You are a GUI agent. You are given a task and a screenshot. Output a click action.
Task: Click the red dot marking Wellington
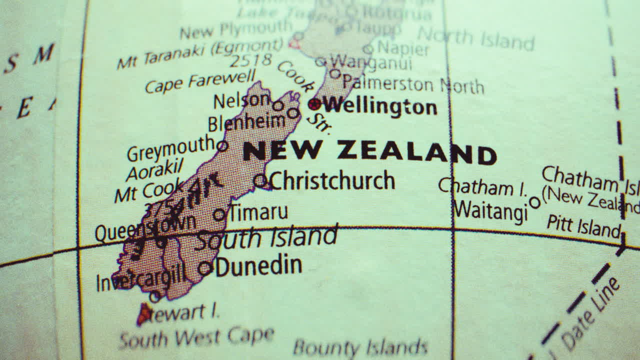(x=314, y=104)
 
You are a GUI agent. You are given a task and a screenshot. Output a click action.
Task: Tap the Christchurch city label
(x=332, y=180)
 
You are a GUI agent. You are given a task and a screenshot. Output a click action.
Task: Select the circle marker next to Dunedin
(x=205, y=268)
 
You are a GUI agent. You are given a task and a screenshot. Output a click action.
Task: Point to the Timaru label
(x=258, y=212)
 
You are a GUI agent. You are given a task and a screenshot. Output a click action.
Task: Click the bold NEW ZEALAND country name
(x=369, y=152)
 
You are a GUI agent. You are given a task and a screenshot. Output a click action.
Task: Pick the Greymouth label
(x=170, y=149)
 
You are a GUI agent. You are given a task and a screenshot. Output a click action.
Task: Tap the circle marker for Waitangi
(x=534, y=202)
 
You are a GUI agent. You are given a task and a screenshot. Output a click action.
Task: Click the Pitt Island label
(x=582, y=226)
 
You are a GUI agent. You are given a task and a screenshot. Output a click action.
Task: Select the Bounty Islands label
(x=360, y=347)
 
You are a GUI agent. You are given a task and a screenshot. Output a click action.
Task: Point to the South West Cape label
(x=196, y=338)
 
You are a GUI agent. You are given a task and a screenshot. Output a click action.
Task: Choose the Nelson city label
(x=242, y=100)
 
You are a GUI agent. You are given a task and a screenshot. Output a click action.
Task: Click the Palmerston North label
(x=413, y=83)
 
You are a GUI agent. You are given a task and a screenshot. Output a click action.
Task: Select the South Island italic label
(x=266, y=238)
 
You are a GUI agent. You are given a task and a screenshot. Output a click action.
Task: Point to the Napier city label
(x=403, y=48)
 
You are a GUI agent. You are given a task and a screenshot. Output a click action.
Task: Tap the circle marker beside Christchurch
(x=260, y=180)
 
